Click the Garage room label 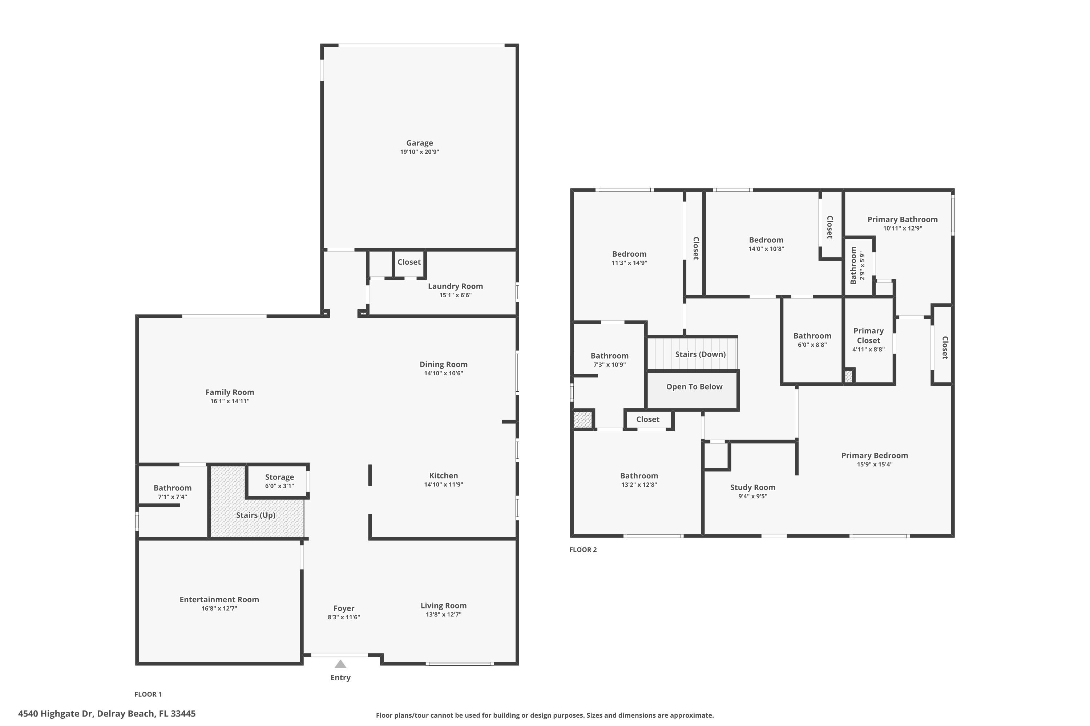pyautogui.click(x=419, y=143)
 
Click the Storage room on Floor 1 pyautogui.click(x=279, y=481)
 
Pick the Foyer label pyautogui.click(x=343, y=608)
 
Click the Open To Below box pyautogui.click(x=694, y=387)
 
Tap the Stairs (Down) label pyautogui.click(x=700, y=355)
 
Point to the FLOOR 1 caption pyautogui.click(x=148, y=694)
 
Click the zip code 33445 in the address pyautogui.click(x=183, y=714)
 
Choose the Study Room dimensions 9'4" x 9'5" pyautogui.click(x=752, y=496)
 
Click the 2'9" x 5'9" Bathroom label pyautogui.click(x=853, y=266)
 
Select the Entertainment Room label pyautogui.click(x=219, y=600)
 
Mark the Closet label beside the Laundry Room pyautogui.click(x=409, y=262)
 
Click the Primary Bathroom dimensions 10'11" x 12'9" pyautogui.click(x=902, y=228)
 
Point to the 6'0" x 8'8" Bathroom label pyautogui.click(x=812, y=336)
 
